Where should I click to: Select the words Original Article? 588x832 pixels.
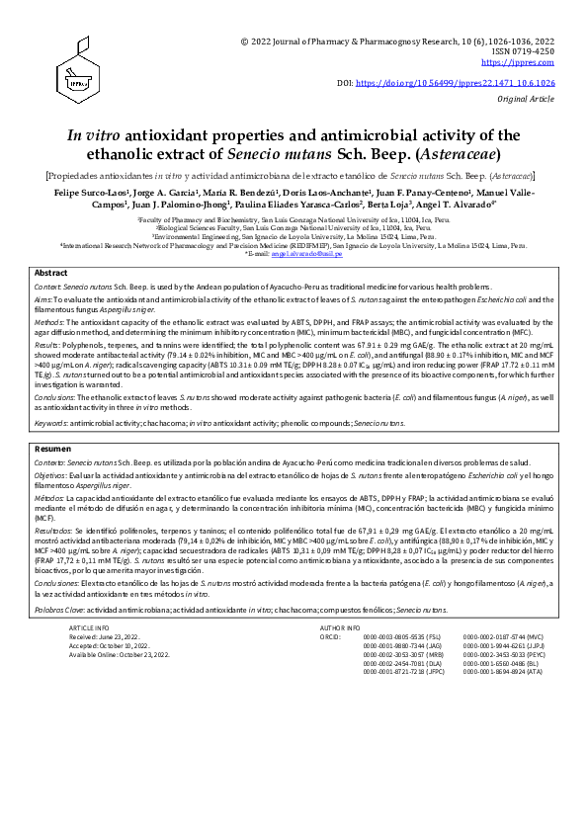click(x=527, y=101)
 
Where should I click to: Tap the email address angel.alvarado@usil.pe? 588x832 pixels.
click(x=312, y=253)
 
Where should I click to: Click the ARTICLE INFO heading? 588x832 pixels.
click(x=89, y=627)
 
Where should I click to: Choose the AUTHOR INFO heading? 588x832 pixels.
click(x=341, y=627)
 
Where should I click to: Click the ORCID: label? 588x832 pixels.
click(x=330, y=636)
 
